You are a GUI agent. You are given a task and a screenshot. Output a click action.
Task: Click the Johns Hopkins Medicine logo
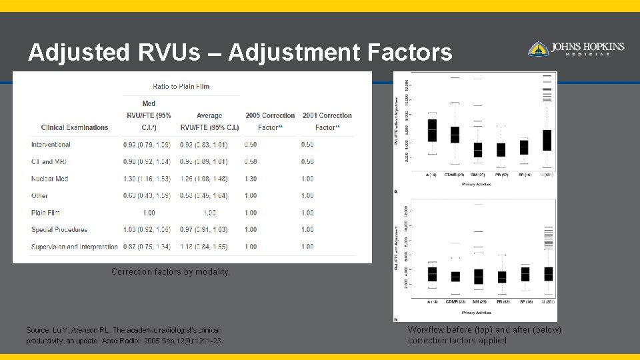(576, 49)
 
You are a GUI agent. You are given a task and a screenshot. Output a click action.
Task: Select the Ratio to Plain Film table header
(181, 86)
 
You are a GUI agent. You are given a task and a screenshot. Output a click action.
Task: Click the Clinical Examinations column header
(75, 127)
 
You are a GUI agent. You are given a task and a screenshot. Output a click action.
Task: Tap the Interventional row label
(51, 145)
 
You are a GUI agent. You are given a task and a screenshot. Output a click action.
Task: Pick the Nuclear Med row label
(50, 179)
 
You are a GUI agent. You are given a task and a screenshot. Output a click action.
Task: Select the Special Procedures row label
(59, 229)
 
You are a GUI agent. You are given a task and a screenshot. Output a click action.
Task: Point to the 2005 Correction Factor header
(270, 121)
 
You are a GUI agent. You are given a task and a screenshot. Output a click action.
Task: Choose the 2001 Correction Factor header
(327, 121)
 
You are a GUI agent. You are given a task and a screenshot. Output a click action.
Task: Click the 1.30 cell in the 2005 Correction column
(251, 179)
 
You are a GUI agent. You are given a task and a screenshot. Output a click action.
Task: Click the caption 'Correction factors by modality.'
(171, 272)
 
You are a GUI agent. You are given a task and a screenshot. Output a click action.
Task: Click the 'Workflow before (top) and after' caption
(485, 335)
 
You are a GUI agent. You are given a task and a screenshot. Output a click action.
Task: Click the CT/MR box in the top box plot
(455, 134)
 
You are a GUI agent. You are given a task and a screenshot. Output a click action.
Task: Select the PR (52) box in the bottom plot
(501, 277)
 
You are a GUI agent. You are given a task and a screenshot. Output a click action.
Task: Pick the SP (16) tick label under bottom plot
(525, 302)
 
